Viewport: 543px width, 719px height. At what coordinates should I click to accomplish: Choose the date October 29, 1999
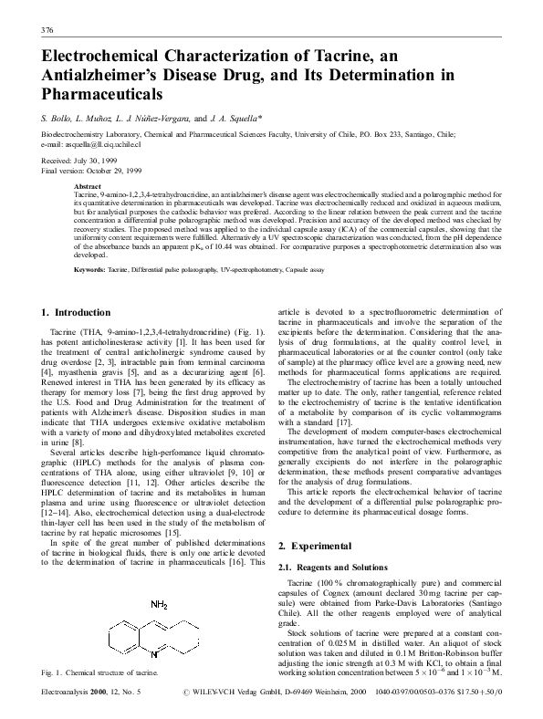point(117,169)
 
